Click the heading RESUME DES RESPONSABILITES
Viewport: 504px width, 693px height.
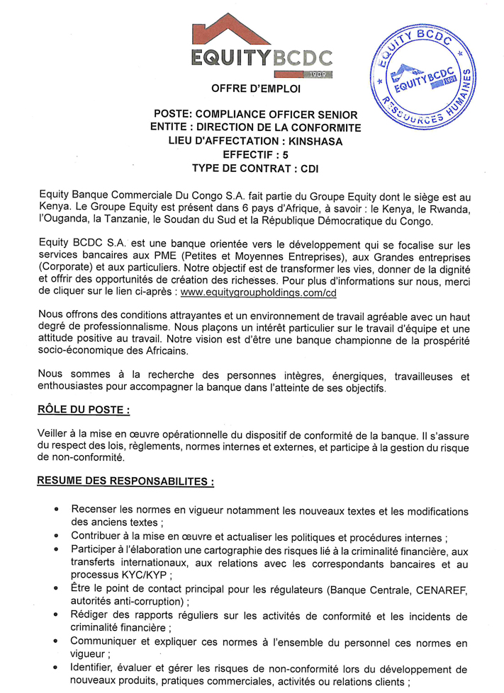pyautogui.click(x=125, y=481)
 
